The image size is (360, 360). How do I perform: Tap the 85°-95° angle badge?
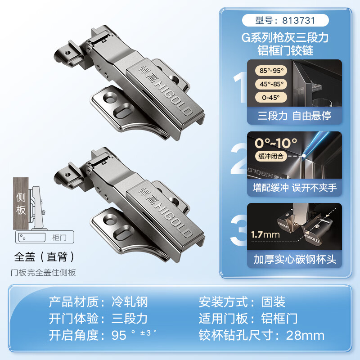click(x=269, y=71)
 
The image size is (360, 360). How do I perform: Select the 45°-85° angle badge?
click(x=269, y=84)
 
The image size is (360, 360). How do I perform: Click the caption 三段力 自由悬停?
click(x=294, y=116)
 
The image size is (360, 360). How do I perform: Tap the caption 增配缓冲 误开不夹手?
click(x=294, y=187)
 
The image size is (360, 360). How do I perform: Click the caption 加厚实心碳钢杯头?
click(x=294, y=260)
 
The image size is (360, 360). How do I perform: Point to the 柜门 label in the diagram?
click(x=59, y=237)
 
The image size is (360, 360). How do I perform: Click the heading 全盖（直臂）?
click(x=44, y=257)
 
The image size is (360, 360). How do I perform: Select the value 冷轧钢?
click(x=130, y=301)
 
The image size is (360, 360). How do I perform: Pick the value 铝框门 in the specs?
click(x=279, y=319)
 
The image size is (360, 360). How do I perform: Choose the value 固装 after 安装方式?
click(x=274, y=301)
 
